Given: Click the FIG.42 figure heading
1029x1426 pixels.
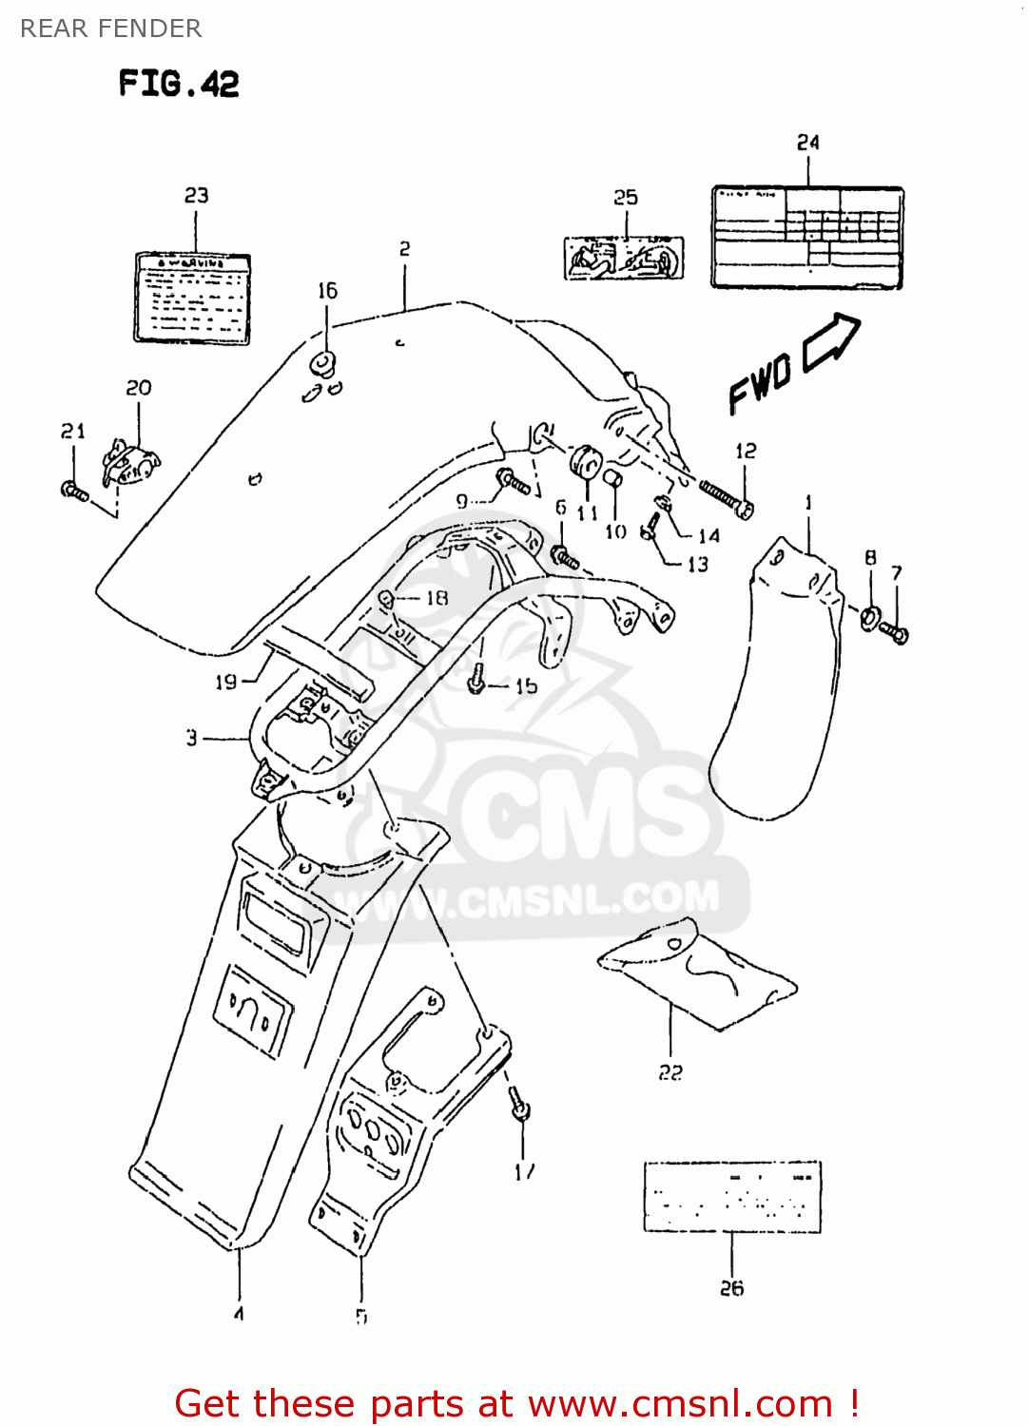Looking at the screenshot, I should click(179, 84).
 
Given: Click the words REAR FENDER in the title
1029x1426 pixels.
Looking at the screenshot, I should click(110, 29).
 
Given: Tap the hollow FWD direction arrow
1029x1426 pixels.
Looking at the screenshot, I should click(831, 343).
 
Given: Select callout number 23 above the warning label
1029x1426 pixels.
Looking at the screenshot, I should click(196, 195).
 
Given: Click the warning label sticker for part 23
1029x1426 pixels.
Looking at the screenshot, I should click(192, 298).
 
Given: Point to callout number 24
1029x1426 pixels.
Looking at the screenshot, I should click(807, 143).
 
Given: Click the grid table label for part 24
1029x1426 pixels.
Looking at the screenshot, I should click(807, 238).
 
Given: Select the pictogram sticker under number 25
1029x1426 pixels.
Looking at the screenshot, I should click(624, 258).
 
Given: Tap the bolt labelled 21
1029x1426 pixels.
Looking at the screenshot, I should click(74, 491).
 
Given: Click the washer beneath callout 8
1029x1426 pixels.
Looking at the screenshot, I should click(870, 618).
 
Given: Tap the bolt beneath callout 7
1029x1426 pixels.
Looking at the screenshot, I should click(895, 631).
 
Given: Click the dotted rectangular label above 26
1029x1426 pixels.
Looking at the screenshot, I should click(732, 1196).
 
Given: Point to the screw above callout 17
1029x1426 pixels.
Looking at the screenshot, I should click(519, 1107).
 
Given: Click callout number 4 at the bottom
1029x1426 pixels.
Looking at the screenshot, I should click(239, 1314).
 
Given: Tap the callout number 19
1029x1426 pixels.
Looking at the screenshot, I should click(225, 682).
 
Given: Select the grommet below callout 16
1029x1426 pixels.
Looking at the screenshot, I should click(324, 363).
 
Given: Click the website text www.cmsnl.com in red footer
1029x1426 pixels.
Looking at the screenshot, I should click(680, 1403).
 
